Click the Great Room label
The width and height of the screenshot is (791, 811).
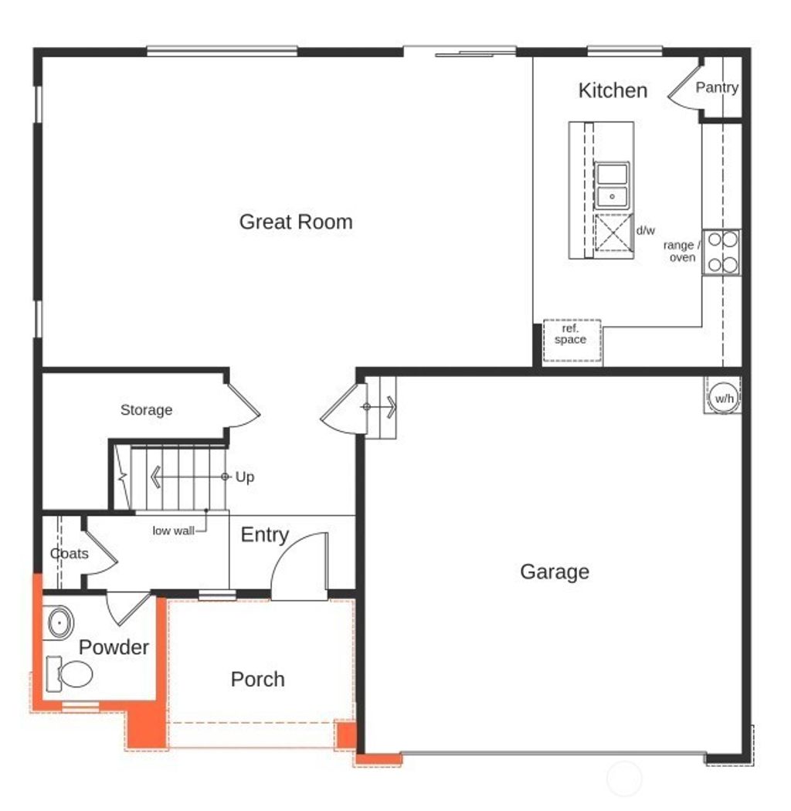coord(296,222)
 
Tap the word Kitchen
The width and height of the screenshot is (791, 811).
coord(613,90)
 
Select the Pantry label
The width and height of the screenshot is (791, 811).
coord(717,88)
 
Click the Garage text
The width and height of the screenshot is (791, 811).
coord(555,572)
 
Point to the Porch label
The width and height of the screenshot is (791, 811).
coord(258,680)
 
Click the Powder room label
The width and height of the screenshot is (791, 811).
coord(114,647)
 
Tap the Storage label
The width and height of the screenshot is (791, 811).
coord(146,410)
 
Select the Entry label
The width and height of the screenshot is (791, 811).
coord(265,535)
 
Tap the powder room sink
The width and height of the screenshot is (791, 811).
coord(59,623)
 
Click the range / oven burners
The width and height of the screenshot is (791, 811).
coord(721,253)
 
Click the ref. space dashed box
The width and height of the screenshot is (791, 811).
coord(572,341)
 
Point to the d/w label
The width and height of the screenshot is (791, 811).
coord(645,230)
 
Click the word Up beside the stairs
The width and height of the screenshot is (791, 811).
coord(245,477)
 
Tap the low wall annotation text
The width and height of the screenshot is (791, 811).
coord(173,531)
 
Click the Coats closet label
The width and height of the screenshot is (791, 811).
coord(70,554)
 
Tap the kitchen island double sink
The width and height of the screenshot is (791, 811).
coord(613,185)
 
